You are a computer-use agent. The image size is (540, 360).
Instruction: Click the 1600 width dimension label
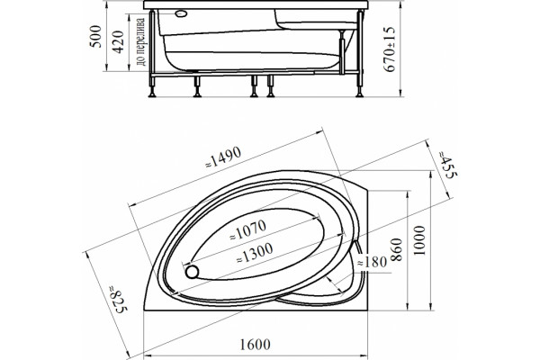255,345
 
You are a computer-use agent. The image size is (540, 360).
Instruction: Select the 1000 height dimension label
419,240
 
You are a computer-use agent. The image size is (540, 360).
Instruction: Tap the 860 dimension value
397,250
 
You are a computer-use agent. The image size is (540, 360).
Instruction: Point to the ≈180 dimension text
372,263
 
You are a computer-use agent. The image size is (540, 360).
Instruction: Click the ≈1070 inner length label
248,229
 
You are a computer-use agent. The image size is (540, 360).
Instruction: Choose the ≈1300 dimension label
255,253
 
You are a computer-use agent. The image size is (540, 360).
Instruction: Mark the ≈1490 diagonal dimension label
223,157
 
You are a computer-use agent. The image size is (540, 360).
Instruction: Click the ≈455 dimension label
447,165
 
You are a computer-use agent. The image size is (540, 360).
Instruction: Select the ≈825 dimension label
118,299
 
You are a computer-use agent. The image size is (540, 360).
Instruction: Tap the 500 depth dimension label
95,37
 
